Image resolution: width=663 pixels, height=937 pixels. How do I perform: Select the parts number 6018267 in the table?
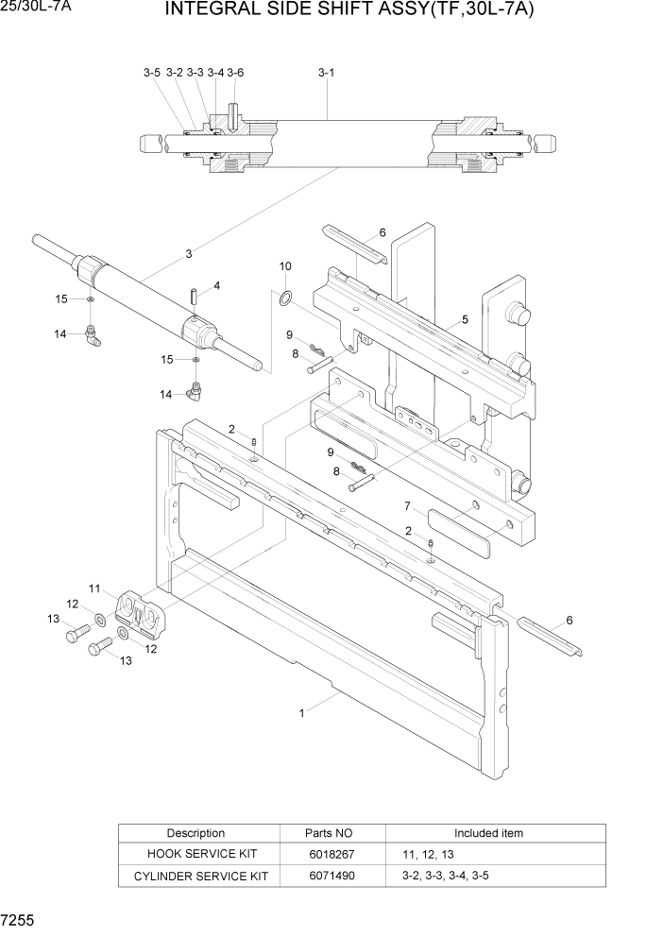click(329, 854)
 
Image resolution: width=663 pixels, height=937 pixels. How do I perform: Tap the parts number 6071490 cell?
click(329, 877)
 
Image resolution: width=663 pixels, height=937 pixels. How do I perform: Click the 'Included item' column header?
click(487, 833)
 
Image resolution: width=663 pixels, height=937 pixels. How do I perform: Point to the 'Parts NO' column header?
click(329, 833)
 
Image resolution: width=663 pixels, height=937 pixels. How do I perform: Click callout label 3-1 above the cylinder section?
click(326, 72)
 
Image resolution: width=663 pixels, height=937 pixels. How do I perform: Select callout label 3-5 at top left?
click(152, 72)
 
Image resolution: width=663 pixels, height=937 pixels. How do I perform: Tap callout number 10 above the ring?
click(285, 267)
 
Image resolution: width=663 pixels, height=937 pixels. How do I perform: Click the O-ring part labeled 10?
click(283, 299)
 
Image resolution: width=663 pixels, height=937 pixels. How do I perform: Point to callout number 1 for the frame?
click(302, 714)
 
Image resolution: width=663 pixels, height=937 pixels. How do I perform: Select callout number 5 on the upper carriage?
click(465, 319)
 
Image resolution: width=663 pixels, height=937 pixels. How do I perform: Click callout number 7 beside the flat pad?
click(407, 505)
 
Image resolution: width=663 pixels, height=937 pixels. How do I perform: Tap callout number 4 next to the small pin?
click(216, 285)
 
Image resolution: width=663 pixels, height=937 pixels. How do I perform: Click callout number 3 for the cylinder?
click(189, 253)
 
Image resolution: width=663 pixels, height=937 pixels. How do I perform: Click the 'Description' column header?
click(195, 833)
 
